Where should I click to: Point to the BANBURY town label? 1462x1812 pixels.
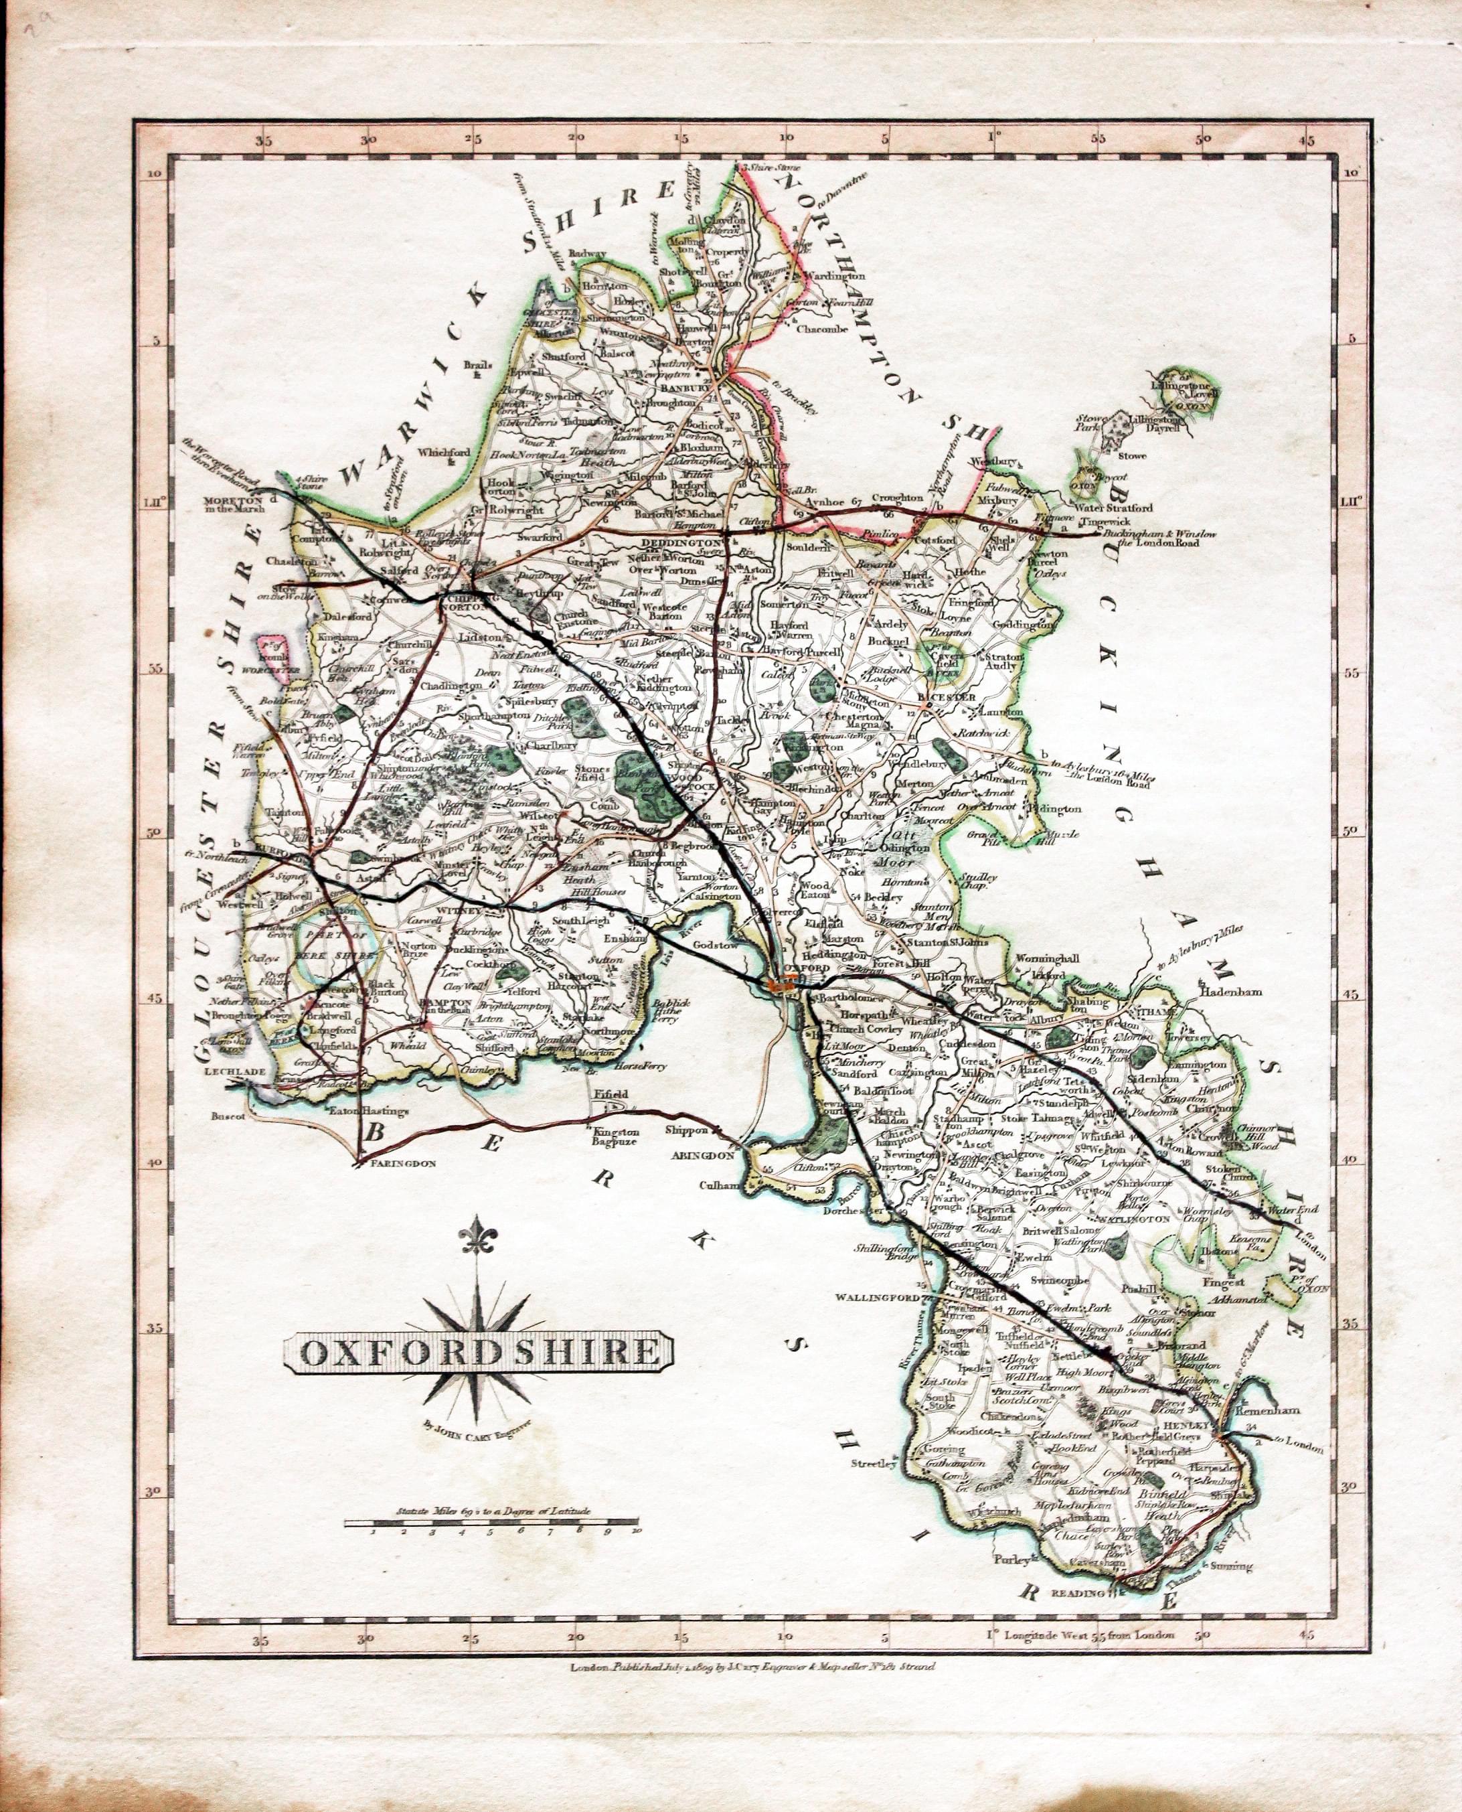[x=681, y=388]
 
